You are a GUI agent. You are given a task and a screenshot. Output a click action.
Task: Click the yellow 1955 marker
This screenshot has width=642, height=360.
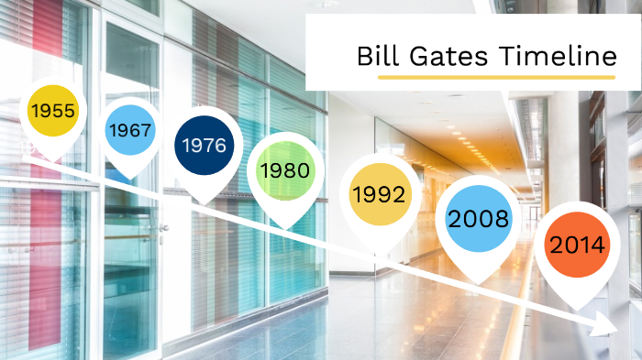[x=53, y=111]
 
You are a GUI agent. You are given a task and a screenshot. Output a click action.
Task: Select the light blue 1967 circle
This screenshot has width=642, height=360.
[x=129, y=130]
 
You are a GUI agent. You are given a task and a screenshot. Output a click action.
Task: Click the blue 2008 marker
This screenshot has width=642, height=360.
[x=477, y=219]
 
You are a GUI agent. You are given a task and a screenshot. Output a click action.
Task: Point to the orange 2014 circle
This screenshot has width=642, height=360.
[x=577, y=245]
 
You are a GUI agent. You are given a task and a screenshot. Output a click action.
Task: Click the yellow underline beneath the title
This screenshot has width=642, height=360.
[x=495, y=78]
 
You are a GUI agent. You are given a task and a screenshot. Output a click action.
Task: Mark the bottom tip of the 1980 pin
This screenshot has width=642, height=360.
[x=285, y=228]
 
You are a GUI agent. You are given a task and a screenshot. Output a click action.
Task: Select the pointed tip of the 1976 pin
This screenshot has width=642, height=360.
[x=205, y=203]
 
